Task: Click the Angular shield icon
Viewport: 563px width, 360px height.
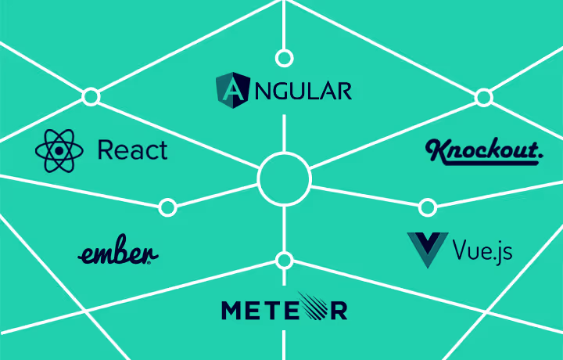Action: [x=231, y=89]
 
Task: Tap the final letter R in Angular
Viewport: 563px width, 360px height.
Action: [x=342, y=91]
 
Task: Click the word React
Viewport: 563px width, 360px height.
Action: [x=132, y=149]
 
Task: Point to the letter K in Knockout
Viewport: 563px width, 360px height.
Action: [x=436, y=150]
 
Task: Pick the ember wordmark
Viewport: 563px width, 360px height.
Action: [x=118, y=253]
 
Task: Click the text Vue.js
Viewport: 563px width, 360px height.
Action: [x=483, y=250]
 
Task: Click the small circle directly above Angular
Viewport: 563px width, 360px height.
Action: [x=285, y=58]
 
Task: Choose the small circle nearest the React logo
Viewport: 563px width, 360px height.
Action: [x=91, y=97]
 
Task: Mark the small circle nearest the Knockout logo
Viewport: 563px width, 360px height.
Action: [x=484, y=97]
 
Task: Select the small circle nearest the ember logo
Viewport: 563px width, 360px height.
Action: [x=167, y=207]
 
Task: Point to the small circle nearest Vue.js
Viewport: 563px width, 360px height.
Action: [x=428, y=207]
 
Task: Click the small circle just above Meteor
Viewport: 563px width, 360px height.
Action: [x=285, y=260]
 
